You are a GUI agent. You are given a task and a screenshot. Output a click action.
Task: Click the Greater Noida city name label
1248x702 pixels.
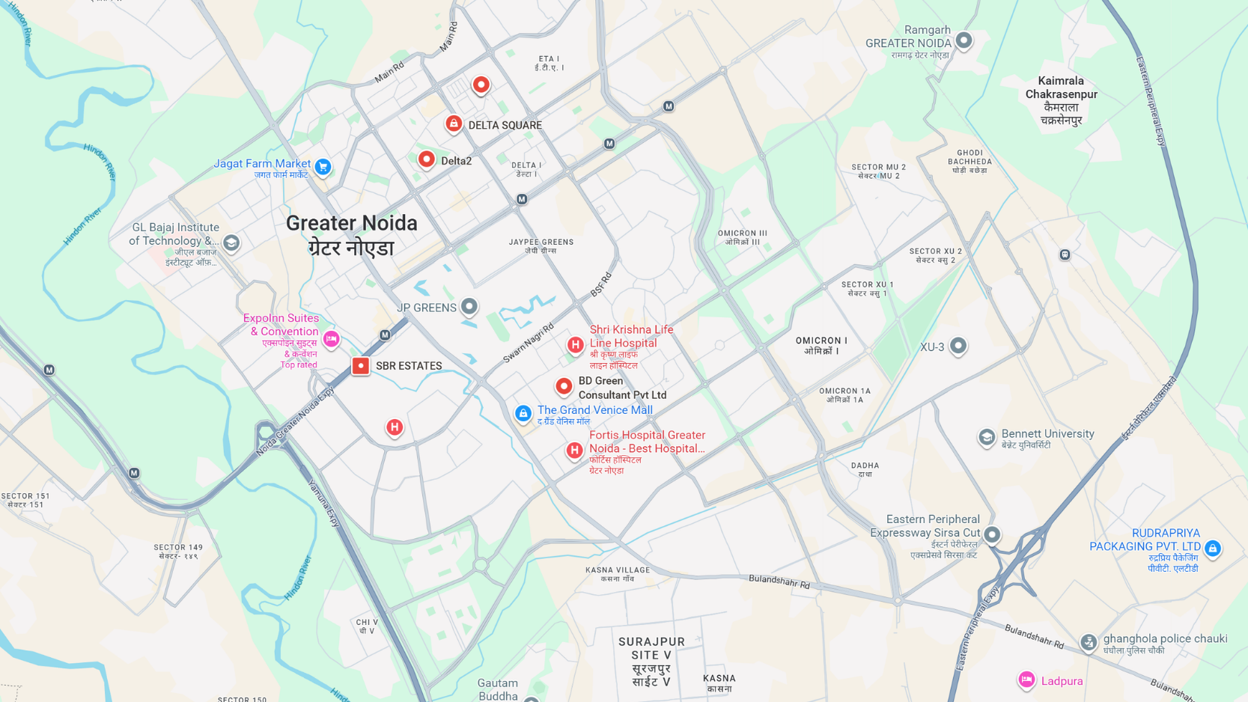pos(351,234)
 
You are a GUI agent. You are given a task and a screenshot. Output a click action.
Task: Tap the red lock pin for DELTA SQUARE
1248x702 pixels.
pos(454,123)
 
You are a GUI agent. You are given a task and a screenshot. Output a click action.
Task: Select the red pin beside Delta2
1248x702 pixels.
pos(426,159)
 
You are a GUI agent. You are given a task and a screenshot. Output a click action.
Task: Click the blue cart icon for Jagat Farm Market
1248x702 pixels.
pos(323,166)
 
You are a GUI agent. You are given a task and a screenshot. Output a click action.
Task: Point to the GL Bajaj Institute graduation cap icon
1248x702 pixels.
pos(231,242)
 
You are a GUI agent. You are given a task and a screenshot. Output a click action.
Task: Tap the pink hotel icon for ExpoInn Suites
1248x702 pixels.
pos(331,338)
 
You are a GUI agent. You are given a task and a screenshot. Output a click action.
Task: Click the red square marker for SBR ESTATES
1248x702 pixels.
pos(361,365)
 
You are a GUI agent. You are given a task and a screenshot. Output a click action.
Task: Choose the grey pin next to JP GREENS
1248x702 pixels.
pos(469,305)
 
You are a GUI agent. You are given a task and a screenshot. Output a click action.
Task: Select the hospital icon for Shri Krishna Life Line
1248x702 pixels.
pos(575,344)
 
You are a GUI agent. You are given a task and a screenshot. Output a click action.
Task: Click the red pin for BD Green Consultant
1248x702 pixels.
pos(564,386)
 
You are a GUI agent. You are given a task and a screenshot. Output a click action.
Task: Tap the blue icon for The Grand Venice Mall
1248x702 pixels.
pos(523,412)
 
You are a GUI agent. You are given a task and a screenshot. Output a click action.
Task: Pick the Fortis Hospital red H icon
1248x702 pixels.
pos(574,450)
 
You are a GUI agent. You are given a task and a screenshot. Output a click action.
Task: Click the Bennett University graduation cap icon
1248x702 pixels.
pos(986,437)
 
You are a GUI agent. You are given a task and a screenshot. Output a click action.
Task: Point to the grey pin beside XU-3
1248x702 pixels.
pos(958,345)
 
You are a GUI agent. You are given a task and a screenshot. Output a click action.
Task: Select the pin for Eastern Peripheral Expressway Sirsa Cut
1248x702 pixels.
pos(992,534)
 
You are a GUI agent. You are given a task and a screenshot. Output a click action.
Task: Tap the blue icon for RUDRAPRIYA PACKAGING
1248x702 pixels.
pos(1213,548)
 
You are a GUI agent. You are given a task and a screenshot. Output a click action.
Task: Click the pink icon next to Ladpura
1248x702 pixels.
pos(1026,680)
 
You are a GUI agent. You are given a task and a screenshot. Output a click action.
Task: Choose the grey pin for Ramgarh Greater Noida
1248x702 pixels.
pos(964,40)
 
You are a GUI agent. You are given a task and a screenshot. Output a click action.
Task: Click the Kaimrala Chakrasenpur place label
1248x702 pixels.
pos(1061,100)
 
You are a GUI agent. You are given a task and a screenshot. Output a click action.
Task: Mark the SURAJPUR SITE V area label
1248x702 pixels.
pos(651,662)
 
